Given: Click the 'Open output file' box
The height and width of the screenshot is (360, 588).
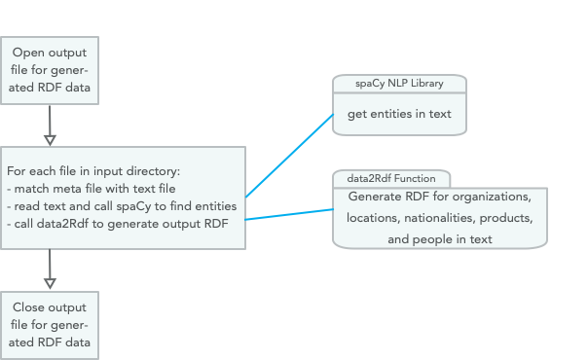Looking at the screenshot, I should [x=49, y=70].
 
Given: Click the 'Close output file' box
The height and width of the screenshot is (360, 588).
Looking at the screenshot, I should [x=49, y=324].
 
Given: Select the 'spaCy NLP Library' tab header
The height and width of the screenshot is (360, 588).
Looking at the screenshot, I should [x=399, y=84].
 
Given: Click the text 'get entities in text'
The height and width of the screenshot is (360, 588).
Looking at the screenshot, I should [x=399, y=115].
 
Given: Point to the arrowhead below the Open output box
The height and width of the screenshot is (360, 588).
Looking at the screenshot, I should [x=50, y=139].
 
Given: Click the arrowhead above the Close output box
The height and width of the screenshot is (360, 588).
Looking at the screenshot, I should [x=50, y=283].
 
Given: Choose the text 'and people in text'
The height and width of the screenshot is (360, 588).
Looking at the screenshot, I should [x=440, y=238].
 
